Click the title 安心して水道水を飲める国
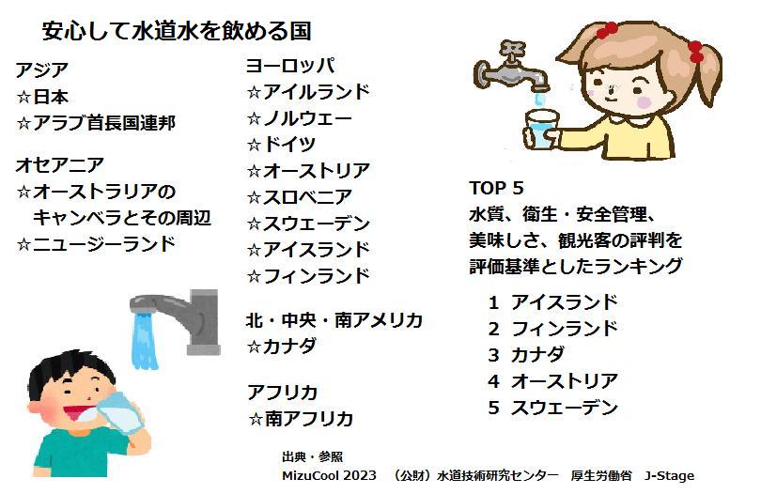(x=177, y=32)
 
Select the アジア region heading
(x=41, y=70)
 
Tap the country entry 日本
(x=51, y=97)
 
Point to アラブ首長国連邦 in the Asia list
(x=104, y=123)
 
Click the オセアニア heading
(x=60, y=165)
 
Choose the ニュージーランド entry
(x=104, y=243)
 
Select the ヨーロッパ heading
(x=289, y=66)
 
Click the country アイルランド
(x=317, y=92)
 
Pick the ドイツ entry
(x=289, y=144)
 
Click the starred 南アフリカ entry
(x=301, y=419)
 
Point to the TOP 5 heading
(x=496, y=188)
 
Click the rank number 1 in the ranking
(x=493, y=302)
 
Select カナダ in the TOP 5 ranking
(x=537, y=355)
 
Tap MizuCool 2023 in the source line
(x=329, y=475)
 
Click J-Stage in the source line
(x=669, y=476)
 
